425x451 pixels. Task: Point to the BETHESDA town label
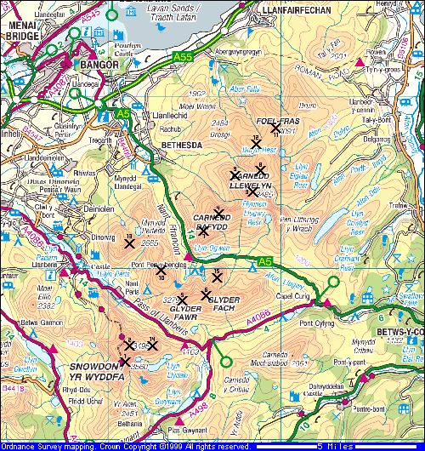point(180,146)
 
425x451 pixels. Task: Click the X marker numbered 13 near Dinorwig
point(129,243)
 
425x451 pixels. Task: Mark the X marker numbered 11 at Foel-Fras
point(275,128)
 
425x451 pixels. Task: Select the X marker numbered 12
point(256,144)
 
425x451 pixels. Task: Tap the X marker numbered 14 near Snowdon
point(152,345)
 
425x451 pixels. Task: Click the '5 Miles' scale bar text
point(331,446)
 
